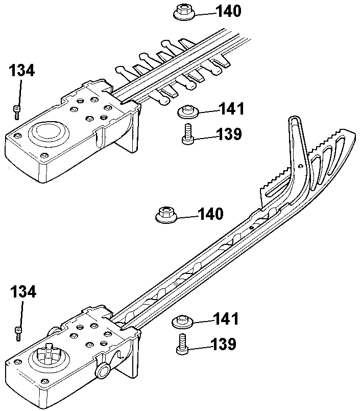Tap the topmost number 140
[228, 11]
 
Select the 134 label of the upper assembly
[22, 71]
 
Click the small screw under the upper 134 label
[17, 112]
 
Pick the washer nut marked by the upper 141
[188, 111]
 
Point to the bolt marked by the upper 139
[188, 134]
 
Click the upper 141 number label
[231, 109]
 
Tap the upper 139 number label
[229, 134]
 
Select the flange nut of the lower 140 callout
[166, 215]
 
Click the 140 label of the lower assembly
[211, 214]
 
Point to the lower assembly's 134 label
[23, 292]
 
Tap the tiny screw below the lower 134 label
[18, 334]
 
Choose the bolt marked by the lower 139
[182, 344]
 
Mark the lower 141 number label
[226, 319]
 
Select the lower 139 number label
[223, 344]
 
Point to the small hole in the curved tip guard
[301, 166]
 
